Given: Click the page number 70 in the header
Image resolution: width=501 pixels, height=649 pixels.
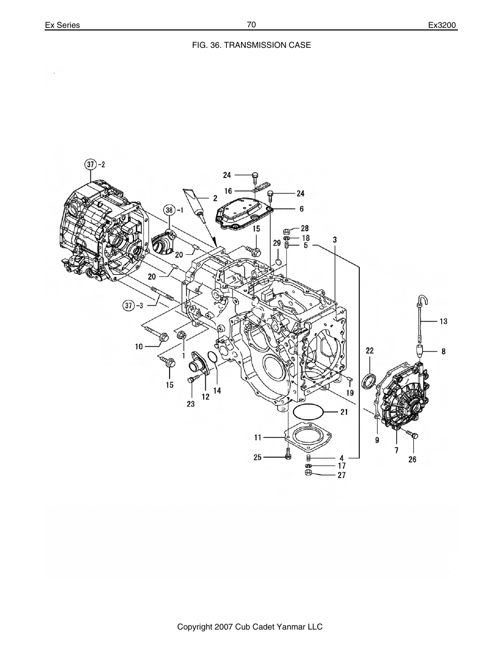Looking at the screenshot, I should [251, 25].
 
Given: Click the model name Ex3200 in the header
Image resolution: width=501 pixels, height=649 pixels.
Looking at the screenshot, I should [443, 25].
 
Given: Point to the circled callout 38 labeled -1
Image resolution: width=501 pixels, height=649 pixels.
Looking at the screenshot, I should [168, 210].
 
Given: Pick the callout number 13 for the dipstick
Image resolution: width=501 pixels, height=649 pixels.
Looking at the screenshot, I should [443, 321].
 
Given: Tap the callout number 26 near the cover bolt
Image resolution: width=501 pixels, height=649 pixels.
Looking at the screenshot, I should [412, 459].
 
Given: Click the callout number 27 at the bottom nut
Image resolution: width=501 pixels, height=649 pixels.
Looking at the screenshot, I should [341, 476].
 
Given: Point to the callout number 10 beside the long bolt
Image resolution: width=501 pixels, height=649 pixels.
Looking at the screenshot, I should [139, 346].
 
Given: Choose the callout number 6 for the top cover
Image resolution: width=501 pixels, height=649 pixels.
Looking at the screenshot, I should [301, 209].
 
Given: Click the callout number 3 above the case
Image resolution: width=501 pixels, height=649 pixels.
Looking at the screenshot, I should [335, 240].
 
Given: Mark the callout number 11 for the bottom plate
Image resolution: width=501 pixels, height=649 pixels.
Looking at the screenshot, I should [258, 437].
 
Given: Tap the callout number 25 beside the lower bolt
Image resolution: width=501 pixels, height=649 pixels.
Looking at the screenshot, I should [257, 458].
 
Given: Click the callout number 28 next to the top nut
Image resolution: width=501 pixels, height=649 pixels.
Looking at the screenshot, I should [305, 229].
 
